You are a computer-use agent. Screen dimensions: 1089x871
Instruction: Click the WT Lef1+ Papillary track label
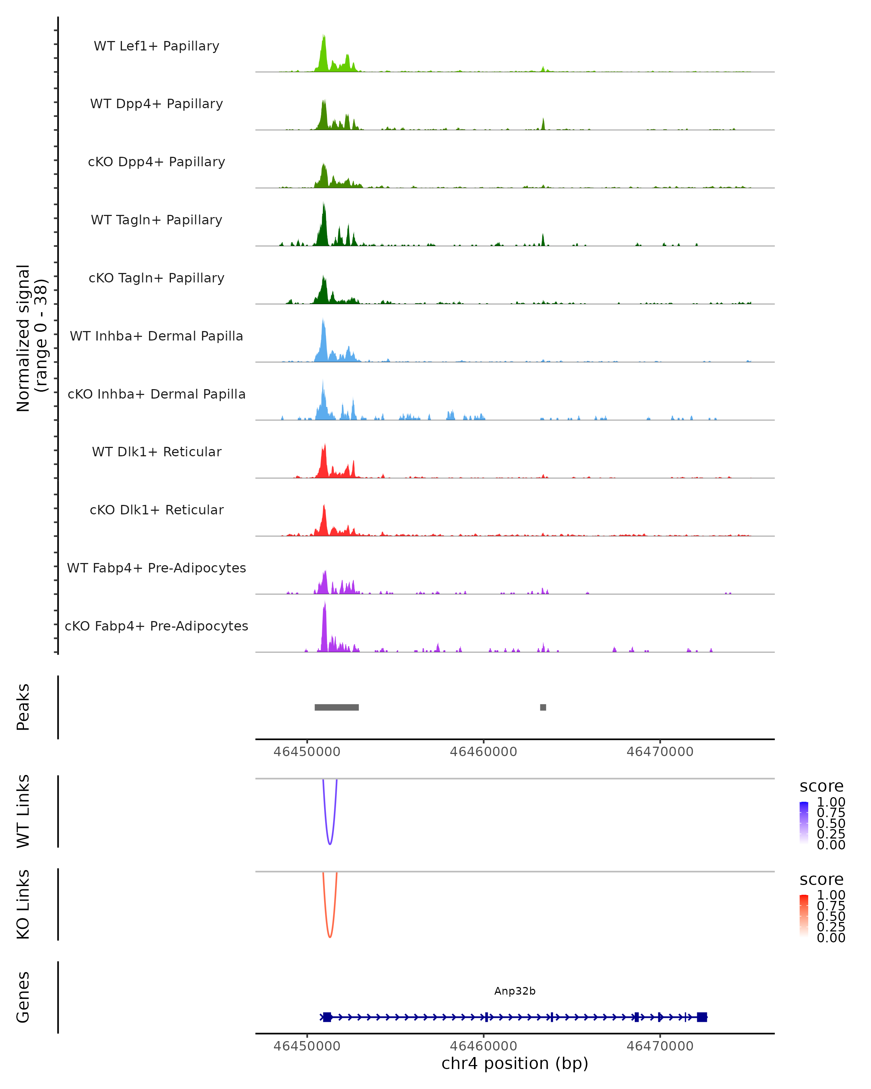point(156,46)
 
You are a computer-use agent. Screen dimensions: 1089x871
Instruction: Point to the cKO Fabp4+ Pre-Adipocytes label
point(156,626)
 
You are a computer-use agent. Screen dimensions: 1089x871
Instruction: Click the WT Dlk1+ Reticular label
point(156,452)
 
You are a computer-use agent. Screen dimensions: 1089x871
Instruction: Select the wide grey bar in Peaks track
point(336,707)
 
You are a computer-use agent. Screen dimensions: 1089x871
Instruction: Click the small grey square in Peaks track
point(543,707)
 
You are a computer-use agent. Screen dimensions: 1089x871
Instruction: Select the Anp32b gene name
point(515,991)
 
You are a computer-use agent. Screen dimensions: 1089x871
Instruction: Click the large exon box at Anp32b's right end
point(702,1017)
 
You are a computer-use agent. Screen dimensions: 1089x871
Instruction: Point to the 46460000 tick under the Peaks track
point(483,752)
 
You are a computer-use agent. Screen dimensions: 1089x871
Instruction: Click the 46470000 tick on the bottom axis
point(659,1046)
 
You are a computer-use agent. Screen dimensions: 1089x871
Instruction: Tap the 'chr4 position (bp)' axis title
point(515,1063)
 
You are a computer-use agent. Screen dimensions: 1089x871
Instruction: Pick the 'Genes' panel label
point(23,997)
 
